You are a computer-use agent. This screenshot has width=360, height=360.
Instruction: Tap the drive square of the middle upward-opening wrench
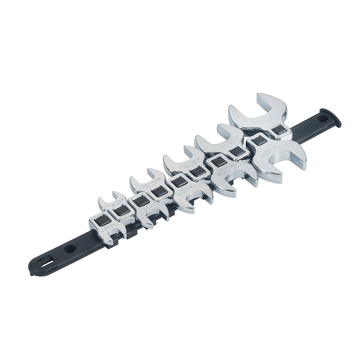pos(195,172)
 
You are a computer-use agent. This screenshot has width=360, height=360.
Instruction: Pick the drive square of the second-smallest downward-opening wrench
pos(138,201)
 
